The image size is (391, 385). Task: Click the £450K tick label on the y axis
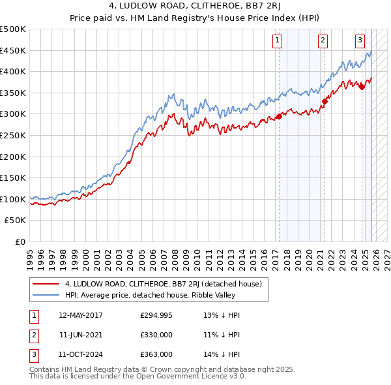pos(13,50)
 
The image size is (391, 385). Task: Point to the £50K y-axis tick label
pos(16,221)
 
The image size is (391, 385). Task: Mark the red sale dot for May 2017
pos(279,116)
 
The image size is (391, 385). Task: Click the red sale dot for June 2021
pos(324,101)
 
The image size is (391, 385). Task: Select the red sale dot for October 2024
pos(361,87)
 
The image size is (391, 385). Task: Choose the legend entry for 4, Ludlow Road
pos(163,284)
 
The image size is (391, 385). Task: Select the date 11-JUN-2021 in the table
pos(80,335)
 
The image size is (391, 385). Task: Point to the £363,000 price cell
pos(156,354)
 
